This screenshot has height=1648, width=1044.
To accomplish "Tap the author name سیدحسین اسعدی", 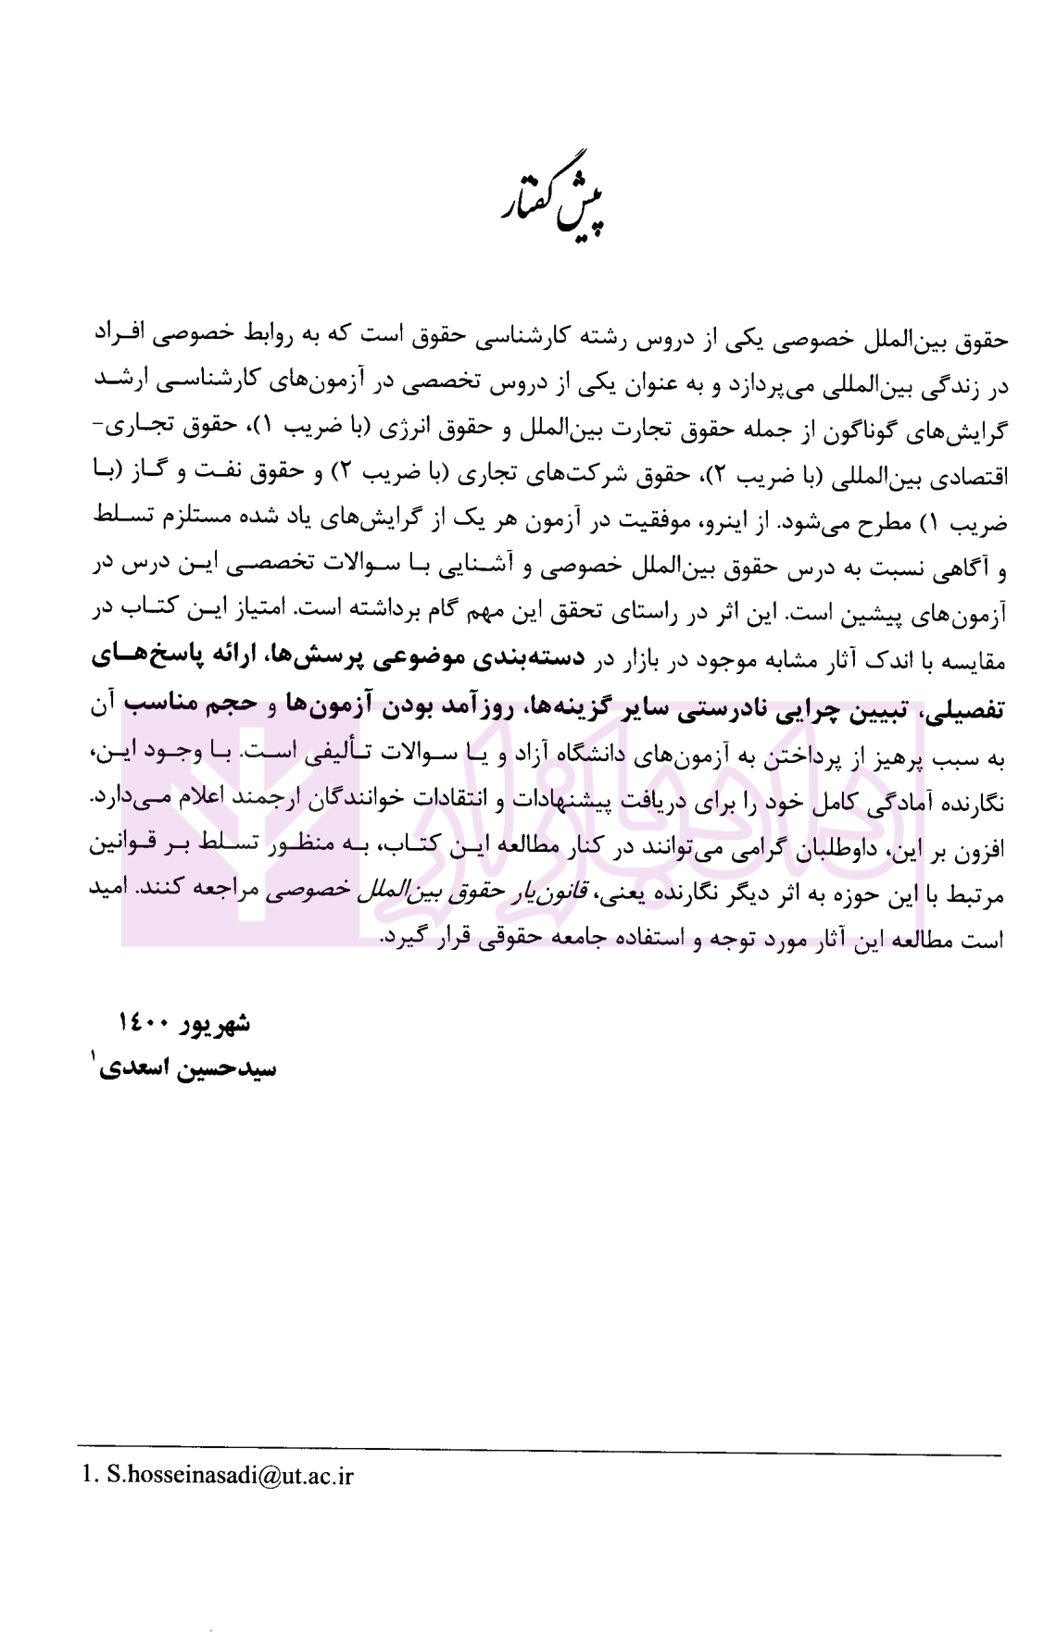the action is [x=192, y=1068].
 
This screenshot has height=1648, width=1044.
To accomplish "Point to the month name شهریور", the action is [x=212, y=1023].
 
